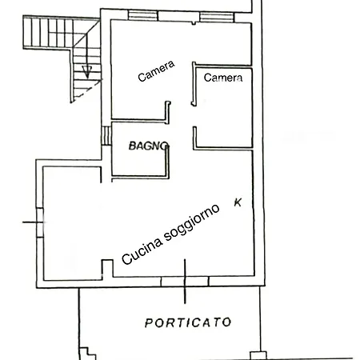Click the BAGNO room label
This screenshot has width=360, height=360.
(149, 146)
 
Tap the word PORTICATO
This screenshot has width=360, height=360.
(188, 322)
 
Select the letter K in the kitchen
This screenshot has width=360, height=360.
(238, 202)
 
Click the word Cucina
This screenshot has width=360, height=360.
(142, 251)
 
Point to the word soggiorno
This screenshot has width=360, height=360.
(191, 223)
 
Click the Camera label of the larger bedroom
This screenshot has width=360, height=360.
(156, 71)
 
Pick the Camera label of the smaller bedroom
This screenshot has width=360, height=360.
(223, 78)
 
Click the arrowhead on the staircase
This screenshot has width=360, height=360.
(87, 72)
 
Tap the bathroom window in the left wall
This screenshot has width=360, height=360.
(106, 136)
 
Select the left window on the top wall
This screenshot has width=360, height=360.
(143, 15)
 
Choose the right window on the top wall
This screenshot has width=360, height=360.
(217, 17)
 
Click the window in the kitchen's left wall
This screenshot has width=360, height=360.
(40, 222)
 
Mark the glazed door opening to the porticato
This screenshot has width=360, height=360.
(185, 282)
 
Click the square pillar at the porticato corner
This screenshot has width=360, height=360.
(258, 356)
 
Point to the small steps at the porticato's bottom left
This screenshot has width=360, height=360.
(88, 354)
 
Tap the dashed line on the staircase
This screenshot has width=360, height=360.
(88, 90)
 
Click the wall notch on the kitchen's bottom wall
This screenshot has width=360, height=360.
(107, 269)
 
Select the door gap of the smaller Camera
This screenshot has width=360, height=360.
(194, 116)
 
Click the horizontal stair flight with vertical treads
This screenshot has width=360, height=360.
(48, 33)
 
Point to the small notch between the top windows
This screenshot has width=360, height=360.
(194, 23)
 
